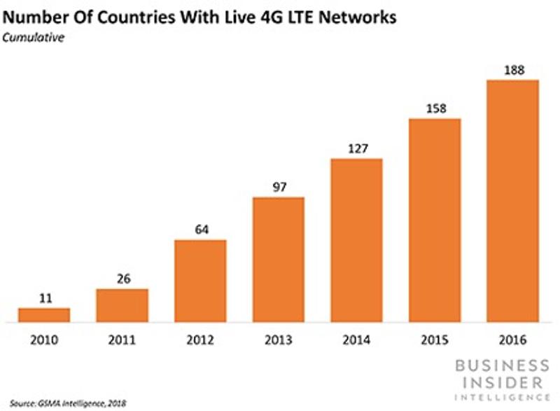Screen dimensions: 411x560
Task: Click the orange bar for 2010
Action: pos(44,315)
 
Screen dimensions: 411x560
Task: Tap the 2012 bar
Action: pos(200,281)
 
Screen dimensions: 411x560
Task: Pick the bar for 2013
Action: pos(279,260)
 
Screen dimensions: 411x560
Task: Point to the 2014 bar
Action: pos(357,240)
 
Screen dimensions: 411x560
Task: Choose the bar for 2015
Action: pos(435,221)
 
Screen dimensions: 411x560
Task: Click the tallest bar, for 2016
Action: pos(513,201)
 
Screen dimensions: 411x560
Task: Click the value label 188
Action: pos(513,69)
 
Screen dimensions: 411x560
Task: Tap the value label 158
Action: pos(435,109)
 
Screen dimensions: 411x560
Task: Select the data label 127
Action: pos(357,148)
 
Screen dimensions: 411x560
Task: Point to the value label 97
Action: pos(279,187)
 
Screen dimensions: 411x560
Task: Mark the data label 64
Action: pos(200,230)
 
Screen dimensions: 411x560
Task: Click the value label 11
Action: pos(44,298)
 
